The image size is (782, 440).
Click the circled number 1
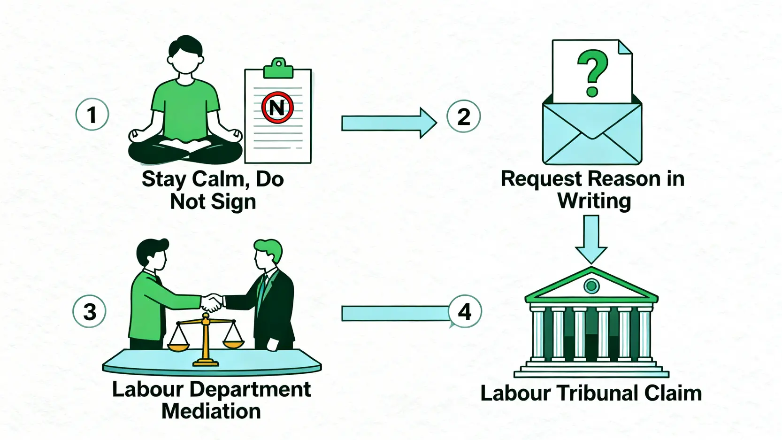click(x=92, y=115)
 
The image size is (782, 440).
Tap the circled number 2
click(x=463, y=117)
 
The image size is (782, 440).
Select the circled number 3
click(x=89, y=312)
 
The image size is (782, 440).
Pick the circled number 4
click(x=464, y=312)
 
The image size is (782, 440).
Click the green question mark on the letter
click(x=592, y=73)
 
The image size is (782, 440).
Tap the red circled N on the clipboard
click(x=277, y=108)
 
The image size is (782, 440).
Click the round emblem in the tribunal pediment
click(x=591, y=285)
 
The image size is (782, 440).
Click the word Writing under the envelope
click(x=594, y=201)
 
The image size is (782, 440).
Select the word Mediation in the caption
click(x=211, y=411)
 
